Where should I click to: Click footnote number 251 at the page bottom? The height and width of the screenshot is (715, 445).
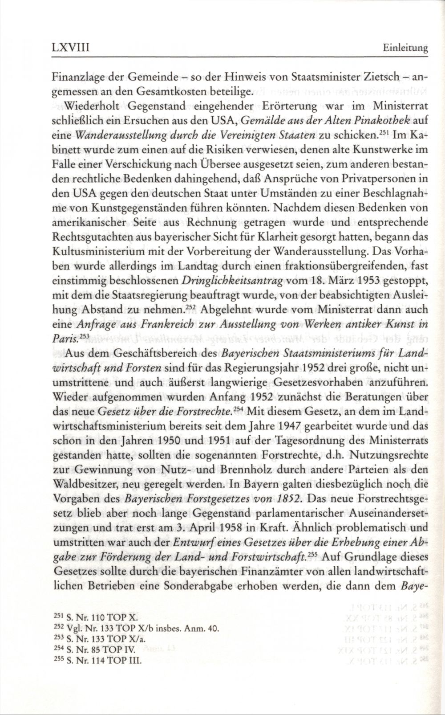[60, 618]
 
